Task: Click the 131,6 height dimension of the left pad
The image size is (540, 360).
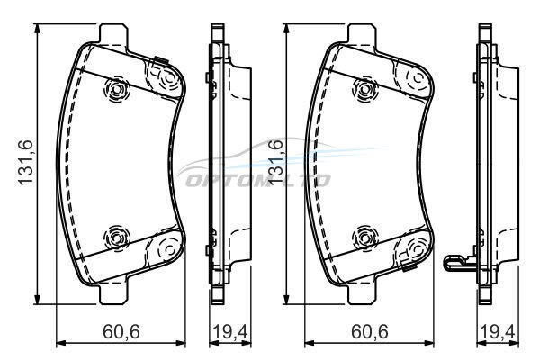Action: click(x=25, y=162)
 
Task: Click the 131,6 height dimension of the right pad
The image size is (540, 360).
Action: click(x=274, y=162)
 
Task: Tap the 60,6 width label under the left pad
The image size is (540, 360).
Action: click(x=121, y=332)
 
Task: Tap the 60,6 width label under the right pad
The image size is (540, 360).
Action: click(x=370, y=332)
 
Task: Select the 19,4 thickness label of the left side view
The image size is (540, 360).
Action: click(x=230, y=332)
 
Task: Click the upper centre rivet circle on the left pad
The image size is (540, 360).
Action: click(x=116, y=90)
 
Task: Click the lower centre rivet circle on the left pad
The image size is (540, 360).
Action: click(x=116, y=237)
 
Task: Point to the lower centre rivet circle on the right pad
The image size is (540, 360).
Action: click(x=364, y=237)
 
